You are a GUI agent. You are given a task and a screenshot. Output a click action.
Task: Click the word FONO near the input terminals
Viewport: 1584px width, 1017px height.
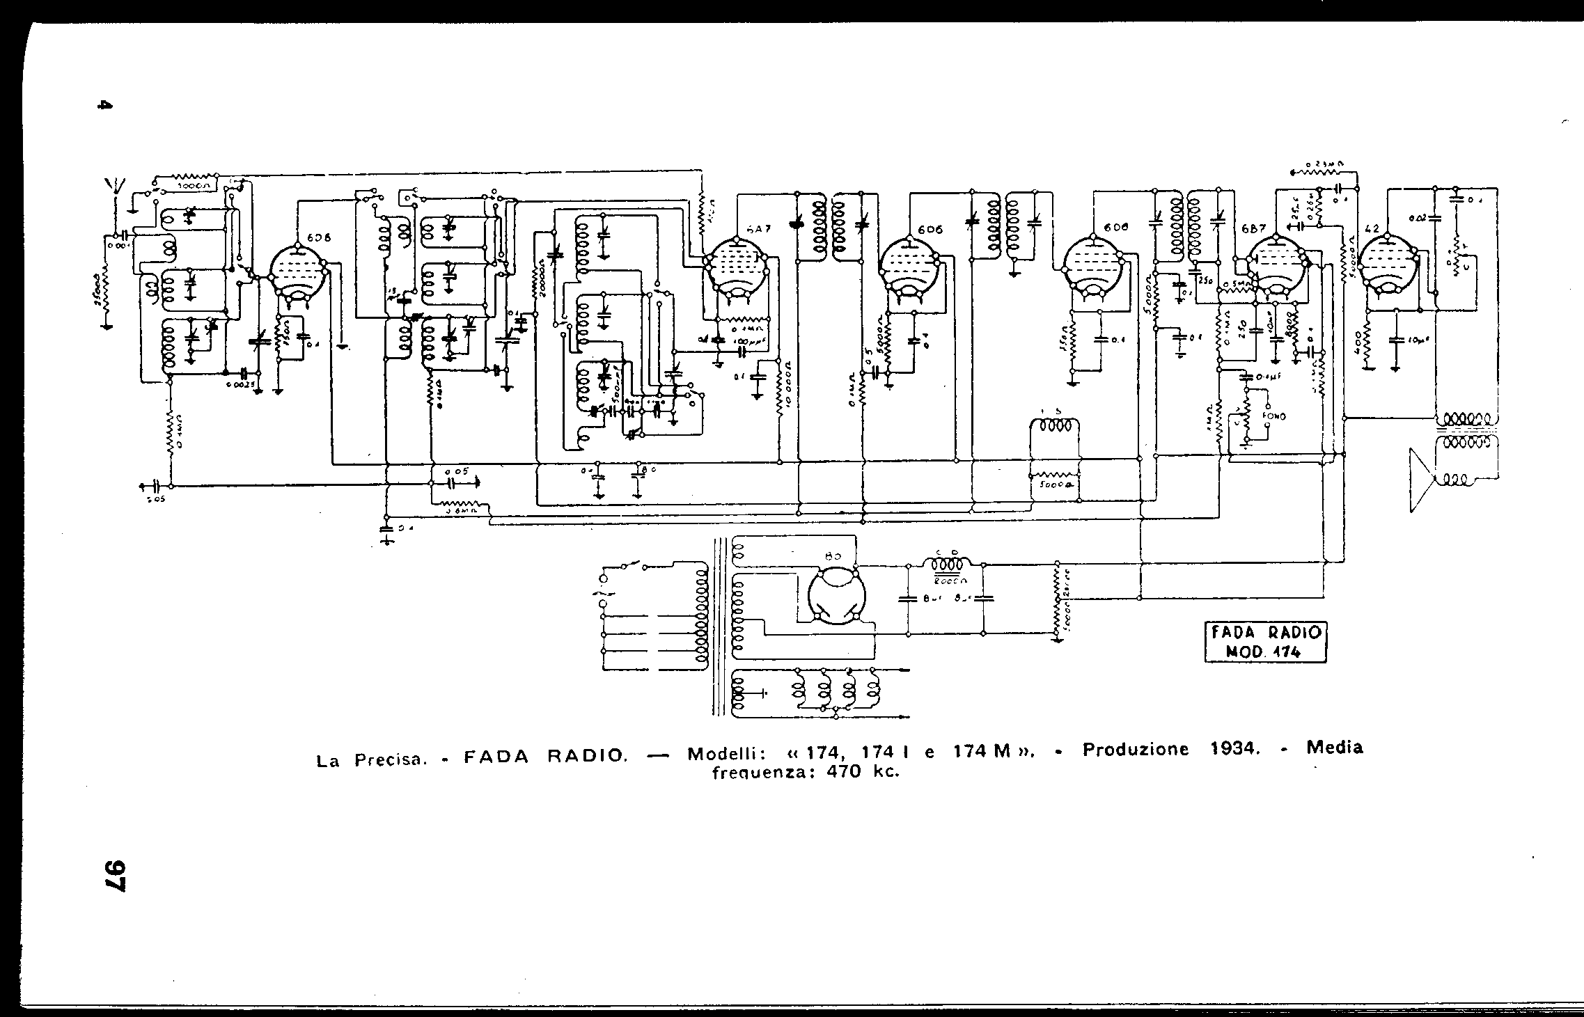tap(1276, 416)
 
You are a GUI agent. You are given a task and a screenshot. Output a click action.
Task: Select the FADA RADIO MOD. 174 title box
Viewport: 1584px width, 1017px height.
tap(1265, 642)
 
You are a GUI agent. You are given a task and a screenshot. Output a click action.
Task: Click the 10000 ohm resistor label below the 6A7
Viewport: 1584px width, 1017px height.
tap(787, 397)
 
